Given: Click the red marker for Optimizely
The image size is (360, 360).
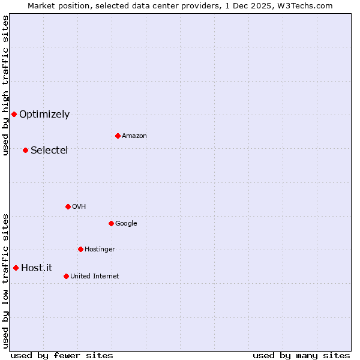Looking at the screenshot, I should (x=14, y=114).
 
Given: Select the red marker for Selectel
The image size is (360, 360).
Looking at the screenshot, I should (x=25, y=150).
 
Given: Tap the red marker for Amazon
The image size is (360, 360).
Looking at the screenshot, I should (x=118, y=136).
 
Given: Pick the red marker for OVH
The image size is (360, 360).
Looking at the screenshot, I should (x=68, y=206).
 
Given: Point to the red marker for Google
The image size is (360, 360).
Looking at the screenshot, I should (x=111, y=223).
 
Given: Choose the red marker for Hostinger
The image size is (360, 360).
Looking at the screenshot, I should (x=80, y=249).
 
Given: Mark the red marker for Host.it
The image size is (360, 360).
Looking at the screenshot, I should (x=16, y=268).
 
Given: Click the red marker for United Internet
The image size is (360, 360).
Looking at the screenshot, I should (x=66, y=276).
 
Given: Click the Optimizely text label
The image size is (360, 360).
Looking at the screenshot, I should (x=44, y=115).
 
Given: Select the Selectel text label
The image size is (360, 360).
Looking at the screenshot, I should (x=49, y=150).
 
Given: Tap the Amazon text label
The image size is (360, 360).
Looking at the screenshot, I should (x=134, y=136).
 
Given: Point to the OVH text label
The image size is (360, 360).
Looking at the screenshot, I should (x=79, y=207).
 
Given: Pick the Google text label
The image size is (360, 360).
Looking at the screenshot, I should (x=126, y=224).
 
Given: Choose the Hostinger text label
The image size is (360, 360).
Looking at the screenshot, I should (x=100, y=250).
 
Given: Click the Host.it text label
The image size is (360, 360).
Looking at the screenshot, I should (x=37, y=268).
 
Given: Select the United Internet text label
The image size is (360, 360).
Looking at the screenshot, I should (x=95, y=277).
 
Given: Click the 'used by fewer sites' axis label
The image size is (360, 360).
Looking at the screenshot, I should (x=62, y=355).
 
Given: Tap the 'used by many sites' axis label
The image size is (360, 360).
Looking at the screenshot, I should (x=301, y=355).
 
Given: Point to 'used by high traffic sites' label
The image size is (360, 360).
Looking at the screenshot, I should (x=5, y=85).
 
